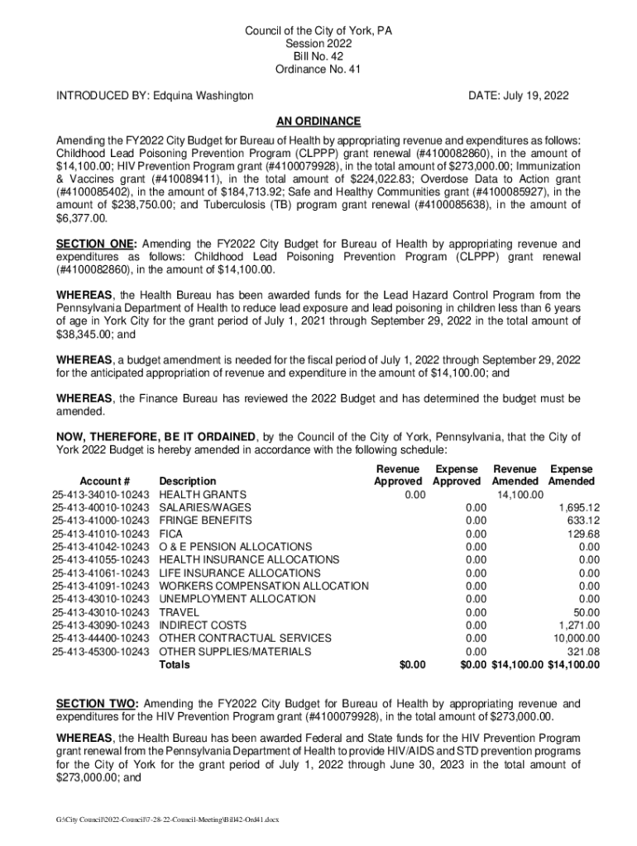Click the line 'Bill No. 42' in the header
[318, 56]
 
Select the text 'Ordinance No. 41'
[318, 69]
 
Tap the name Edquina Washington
[204, 97]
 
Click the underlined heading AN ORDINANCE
[318, 121]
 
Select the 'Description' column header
[188, 481]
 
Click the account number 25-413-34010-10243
[100, 494]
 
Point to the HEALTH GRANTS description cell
[203, 494]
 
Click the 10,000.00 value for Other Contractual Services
[577, 638]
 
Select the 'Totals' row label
[175, 664]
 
